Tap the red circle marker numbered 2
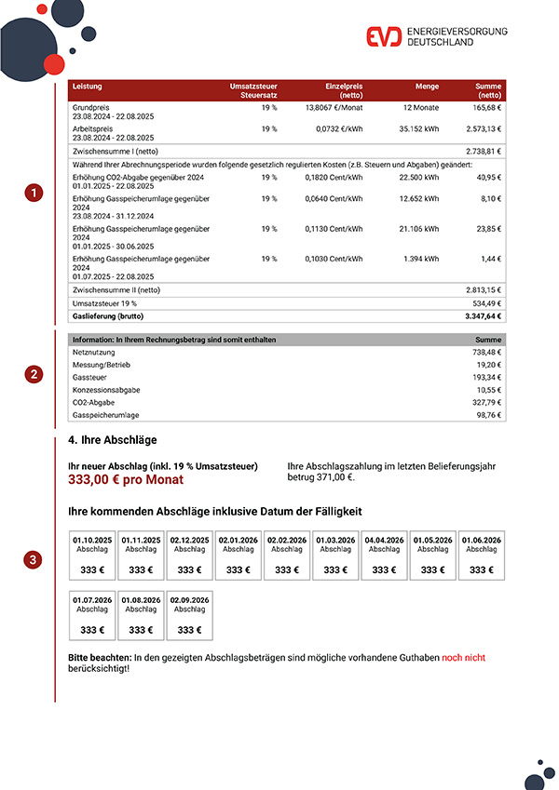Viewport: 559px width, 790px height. pos(34,375)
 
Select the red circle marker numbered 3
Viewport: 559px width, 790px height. pos(34,560)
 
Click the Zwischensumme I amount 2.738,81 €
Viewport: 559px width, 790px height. pos(484,150)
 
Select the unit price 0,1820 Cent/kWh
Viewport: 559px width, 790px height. pos(334,176)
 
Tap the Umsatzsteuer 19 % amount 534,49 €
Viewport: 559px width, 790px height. pos(485,302)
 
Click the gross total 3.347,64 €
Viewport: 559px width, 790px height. pos(482,316)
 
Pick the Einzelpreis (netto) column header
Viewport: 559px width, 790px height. pos(344,90)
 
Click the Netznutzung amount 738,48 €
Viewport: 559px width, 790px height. pos(486,354)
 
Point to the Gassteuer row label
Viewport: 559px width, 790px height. pos(89,379)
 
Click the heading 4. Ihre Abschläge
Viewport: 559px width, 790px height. pos(113,439)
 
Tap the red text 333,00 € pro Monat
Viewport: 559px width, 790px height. pos(126,480)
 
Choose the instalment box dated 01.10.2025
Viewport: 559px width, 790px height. pos(92,556)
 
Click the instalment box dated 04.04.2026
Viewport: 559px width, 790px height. pos(384,556)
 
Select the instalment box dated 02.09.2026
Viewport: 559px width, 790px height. pos(189,616)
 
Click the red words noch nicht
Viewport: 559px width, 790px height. pos(463,657)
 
